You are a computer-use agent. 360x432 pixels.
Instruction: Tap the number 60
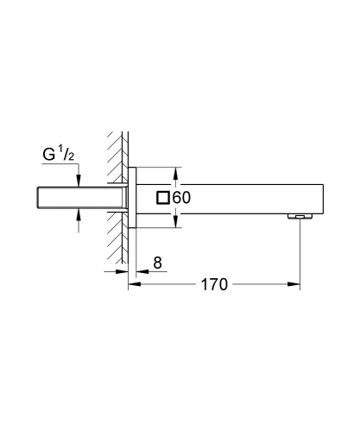(180, 197)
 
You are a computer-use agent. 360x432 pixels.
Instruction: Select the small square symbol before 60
(162, 197)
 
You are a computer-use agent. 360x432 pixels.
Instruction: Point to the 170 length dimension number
(212, 284)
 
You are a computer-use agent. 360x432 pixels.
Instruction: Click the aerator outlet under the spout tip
(298, 218)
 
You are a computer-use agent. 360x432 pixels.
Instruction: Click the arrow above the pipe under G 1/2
(79, 179)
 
